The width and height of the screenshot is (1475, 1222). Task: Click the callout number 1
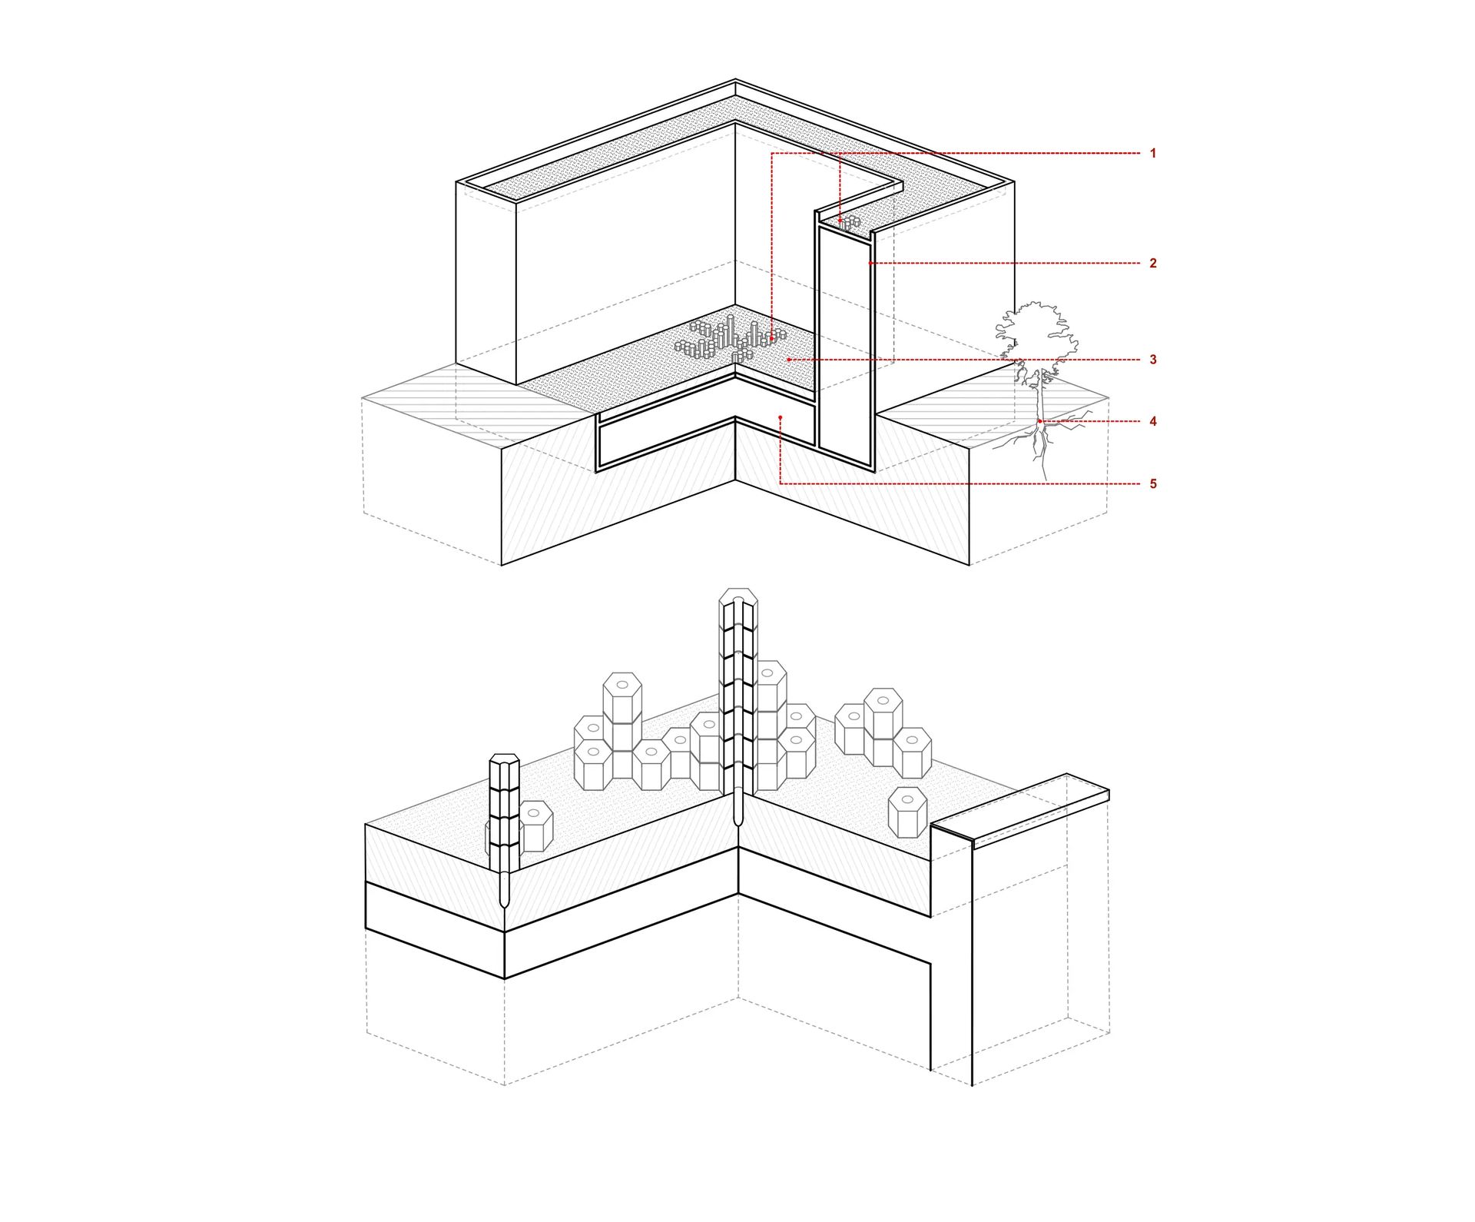tap(1152, 154)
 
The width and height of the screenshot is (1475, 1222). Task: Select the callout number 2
tap(1152, 263)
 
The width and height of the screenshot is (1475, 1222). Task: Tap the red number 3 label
tap(1152, 360)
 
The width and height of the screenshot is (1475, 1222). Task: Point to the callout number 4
tap(1152, 421)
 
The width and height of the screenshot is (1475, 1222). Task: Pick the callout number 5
tap(1152, 483)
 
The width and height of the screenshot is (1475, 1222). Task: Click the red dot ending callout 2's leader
tap(870, 263)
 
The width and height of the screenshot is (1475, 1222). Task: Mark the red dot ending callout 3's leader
tap(789, 360)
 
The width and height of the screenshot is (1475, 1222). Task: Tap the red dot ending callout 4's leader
tap(1039, 421)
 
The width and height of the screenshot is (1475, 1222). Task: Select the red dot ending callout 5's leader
tap(780, 417)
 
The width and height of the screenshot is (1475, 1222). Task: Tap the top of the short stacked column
tap(504, 760)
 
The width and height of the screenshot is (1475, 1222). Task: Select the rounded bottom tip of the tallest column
tap(738, 820)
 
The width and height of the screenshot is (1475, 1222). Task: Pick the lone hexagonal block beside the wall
tap(908, 812)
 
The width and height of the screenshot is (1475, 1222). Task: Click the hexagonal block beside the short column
tap(535, 825)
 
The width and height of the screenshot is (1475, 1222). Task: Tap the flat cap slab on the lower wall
tap(1020, 810)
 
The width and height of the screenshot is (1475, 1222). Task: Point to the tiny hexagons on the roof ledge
tap(849, 223)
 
